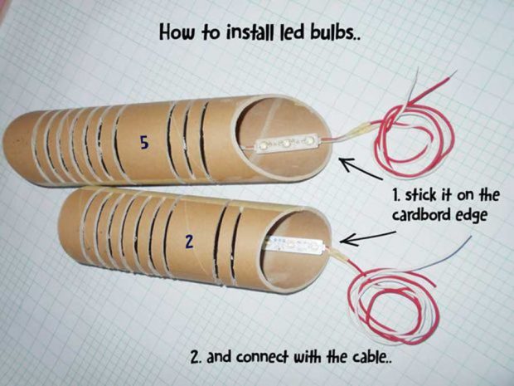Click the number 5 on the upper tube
[143, 143]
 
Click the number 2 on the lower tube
[189, 242]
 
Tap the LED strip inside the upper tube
[286, 144]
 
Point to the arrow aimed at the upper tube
[361, 169]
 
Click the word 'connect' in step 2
[258, 356]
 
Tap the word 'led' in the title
[290, 32]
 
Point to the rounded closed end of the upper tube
[13, 148]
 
